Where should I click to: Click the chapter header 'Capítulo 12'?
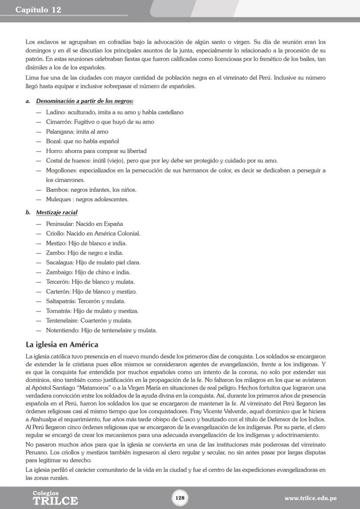coord(38,10)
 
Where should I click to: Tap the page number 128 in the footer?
coord(180,498)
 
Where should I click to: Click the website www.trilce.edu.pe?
coord(310,498)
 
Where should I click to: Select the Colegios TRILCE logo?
coord(55,498)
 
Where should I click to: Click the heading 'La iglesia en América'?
coord(62,345)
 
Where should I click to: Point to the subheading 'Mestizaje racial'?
coord(57,213)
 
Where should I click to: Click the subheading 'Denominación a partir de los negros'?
coord(84,101)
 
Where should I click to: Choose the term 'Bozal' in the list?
coord(54,141)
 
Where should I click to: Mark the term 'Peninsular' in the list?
coord(60,224)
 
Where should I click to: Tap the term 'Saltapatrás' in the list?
coord(61,301)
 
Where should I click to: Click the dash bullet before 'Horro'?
coord(39,151)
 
